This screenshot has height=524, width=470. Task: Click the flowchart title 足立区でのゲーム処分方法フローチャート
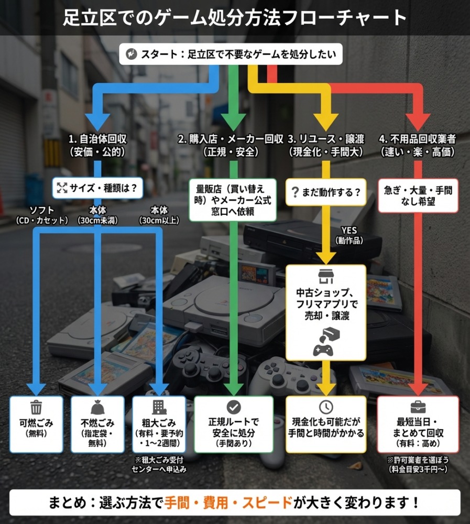tap(235, 17)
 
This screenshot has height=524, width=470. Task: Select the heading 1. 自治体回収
tap(97, 146)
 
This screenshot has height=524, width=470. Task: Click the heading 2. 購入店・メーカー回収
tap(231, 146)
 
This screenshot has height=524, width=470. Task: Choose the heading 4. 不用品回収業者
tap(417, 146)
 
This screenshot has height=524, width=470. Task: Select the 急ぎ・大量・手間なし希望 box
tap(418, 195)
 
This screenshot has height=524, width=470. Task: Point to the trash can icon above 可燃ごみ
tap(36, 407)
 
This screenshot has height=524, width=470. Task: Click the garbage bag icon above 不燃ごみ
tap(97, 407)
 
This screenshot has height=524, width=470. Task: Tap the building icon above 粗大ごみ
tap(159, 407)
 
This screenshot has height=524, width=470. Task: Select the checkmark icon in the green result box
tap(233, 407)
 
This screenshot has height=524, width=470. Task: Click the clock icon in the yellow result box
tap(325, 407)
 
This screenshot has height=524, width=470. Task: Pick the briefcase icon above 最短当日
tap(418, 407)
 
